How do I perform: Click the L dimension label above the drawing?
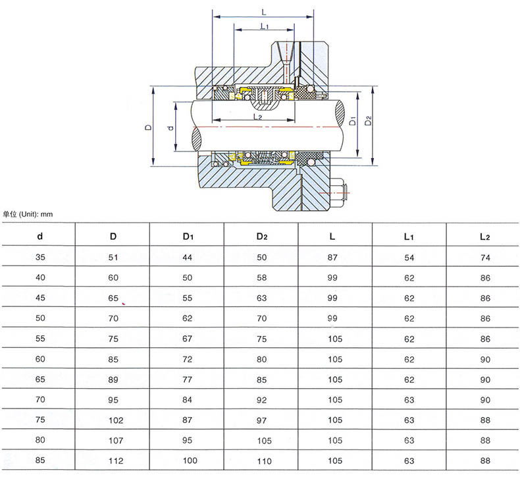click(x=264, y=13)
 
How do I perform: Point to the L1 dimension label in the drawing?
click(x=265, y=26)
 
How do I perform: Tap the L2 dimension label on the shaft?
click(x=257, y=117)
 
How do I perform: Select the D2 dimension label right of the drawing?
click(x=368, y=121)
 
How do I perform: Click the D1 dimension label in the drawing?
click(x=353, y=121)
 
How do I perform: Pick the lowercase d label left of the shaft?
click(x=170, y=128)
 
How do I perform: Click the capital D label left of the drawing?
click(x=148, y=127)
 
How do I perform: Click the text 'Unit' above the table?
click(x=28, y=214)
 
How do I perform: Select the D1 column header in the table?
click(x=188, y=237)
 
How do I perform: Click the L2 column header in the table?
click(x=485, y=237)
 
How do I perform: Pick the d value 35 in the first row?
click(x=40, y=257)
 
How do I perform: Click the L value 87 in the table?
click(x=332, y=258)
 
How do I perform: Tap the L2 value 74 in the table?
click(x=485, y=258)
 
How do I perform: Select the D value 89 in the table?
click(x=113, y=380)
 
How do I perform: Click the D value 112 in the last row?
click(x=116, y=461)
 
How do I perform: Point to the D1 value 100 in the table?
click(x=190, y=461)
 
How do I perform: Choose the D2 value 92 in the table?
click(x=262, y=401)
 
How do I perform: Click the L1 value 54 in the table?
click(x=409, y=258)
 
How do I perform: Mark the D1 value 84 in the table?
click(x=188, y=400)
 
